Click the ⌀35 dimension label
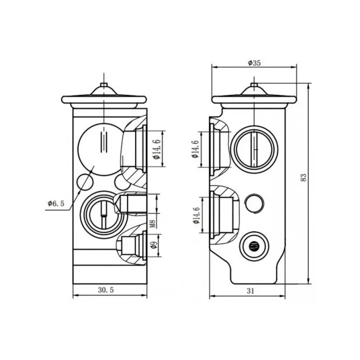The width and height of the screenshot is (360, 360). (x=254, y=63)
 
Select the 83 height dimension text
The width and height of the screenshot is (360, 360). (x=303, y=177)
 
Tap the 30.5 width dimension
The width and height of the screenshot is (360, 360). (x=106, y=290)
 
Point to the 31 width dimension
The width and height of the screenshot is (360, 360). (x=251, y=291)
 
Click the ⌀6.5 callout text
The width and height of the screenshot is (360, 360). (x=56, y=203)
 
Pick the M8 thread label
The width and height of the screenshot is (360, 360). (x=153, y=224)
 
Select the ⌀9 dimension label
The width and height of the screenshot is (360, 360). (x=154, y=245)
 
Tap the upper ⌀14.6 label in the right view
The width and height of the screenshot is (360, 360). (x=195, y=149)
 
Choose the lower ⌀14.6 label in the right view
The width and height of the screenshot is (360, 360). (x=196, y=216)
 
